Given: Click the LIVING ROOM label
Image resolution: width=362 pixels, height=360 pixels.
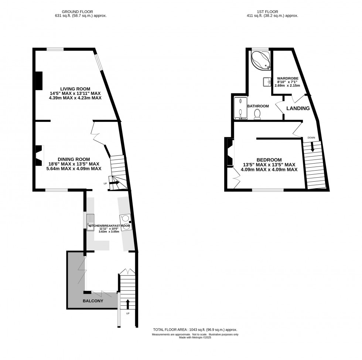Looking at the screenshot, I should [x=75, y=89].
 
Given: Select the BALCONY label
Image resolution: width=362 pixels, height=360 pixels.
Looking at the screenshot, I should [x=93, y=301].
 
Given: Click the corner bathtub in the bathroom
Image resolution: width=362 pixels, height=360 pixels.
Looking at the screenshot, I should [x=260, y=60].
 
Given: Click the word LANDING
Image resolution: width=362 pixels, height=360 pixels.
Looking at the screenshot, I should [x=298, y=109].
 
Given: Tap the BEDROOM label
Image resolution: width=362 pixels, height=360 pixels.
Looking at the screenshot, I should [x=269, y=160].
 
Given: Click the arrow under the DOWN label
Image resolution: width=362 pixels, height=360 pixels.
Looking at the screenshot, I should [x=313, y=147].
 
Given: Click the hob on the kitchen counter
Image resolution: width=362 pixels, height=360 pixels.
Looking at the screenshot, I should [x=125, y=223].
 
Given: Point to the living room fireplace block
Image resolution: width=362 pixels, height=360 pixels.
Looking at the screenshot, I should [x=38, y=80].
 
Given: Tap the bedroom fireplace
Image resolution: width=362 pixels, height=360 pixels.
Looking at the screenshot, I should [x=230, y=152].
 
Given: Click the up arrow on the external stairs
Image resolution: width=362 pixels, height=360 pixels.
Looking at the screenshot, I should [x=128, y=304].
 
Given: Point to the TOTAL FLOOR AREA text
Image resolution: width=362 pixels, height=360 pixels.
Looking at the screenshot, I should [x=195, y=330].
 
